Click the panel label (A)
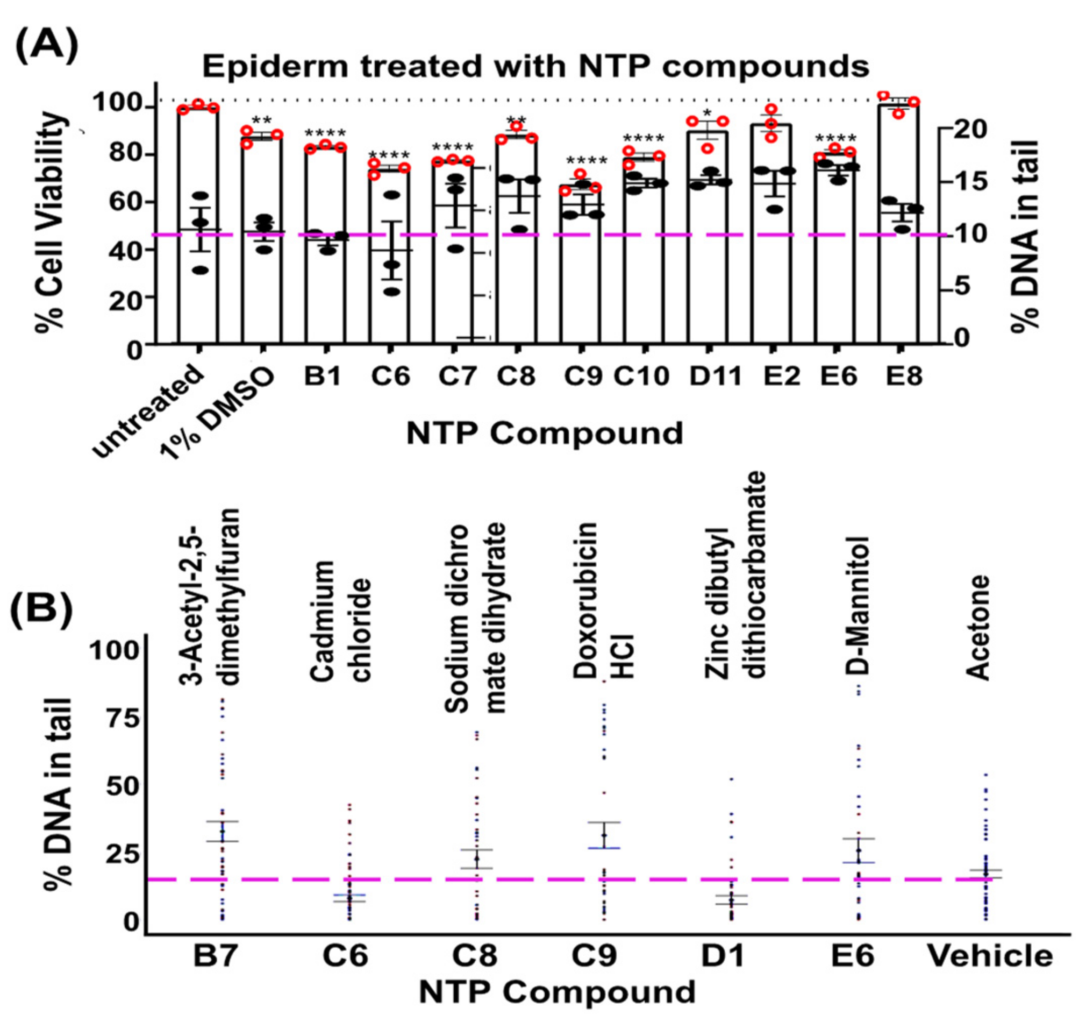[47, 46]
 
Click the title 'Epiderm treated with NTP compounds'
[536, 66]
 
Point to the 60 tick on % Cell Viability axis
[126, 202]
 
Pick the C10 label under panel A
[641, 376]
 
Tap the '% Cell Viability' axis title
[52, 221]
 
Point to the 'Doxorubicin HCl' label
[604, 601]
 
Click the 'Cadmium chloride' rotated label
[341, 623]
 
